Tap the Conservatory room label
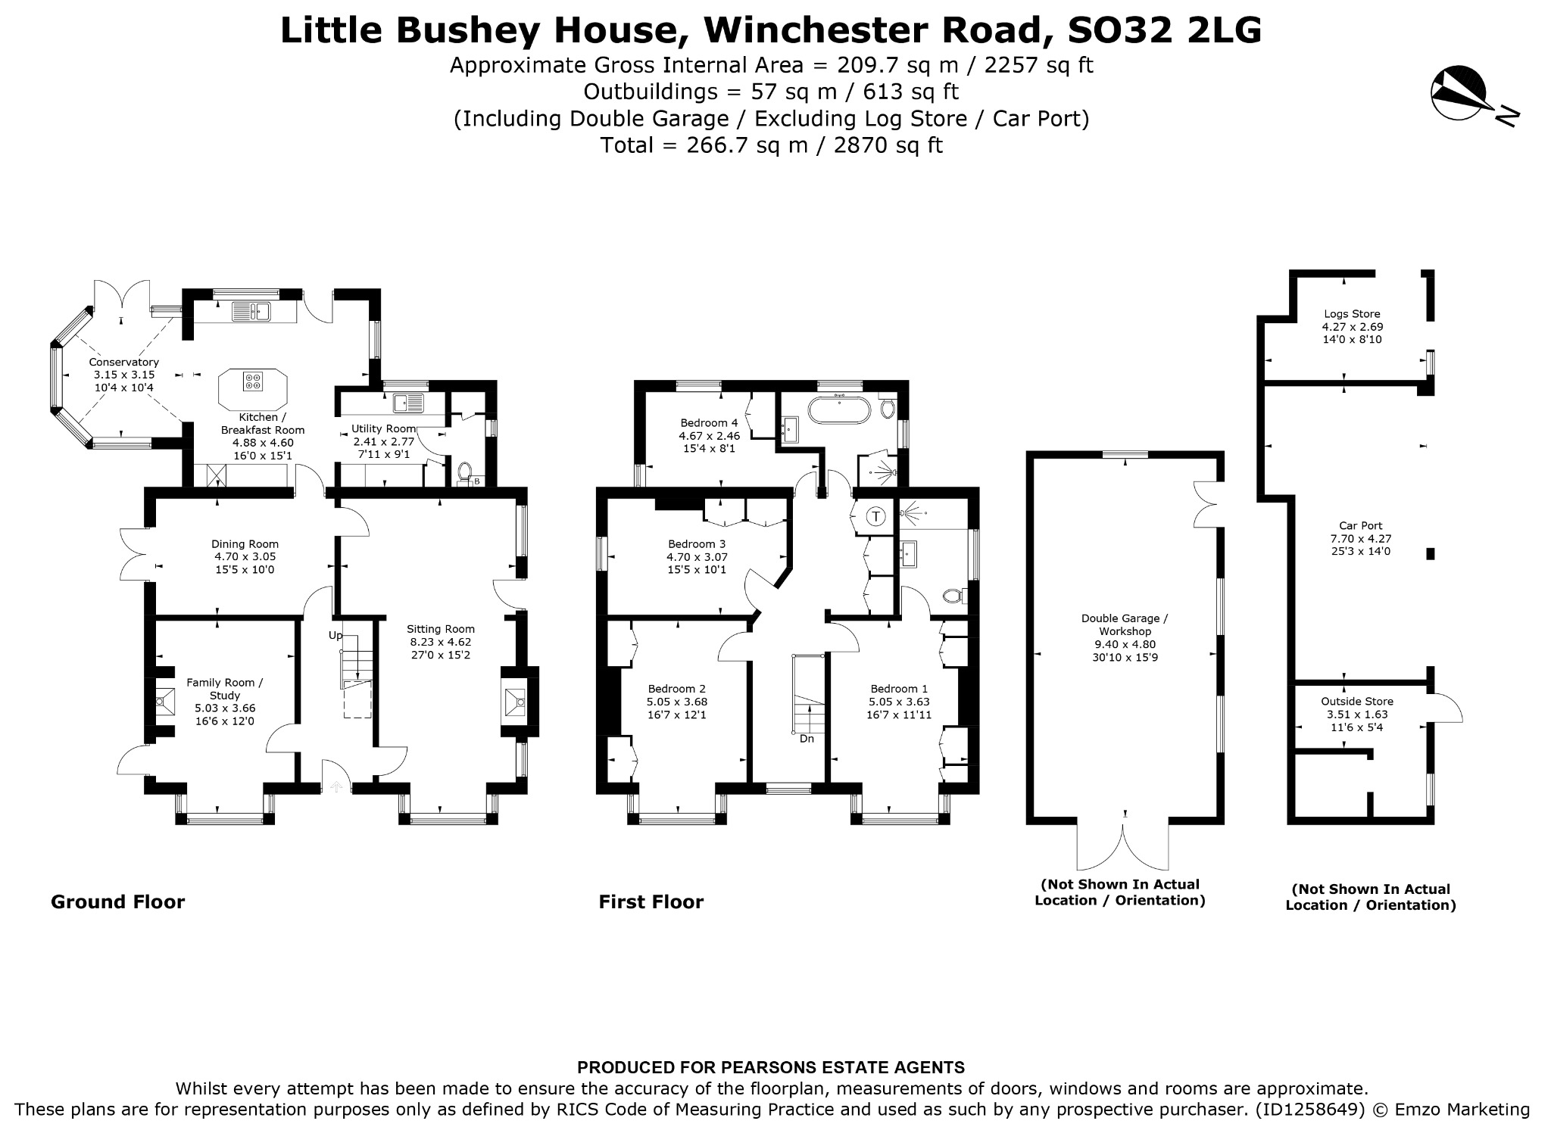coord(123,362)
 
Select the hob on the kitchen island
coord(253,381)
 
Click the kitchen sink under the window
coord(251,311)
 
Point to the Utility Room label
coord(383,428)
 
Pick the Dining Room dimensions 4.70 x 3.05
coord(245,556)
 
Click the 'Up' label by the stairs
coord(335,634)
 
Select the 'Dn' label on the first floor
coord(807,738)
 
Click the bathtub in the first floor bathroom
coord(839,411)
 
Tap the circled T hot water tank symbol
coord(876,517)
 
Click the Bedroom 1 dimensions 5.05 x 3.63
coord(899,702)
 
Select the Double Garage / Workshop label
coord(1125,624)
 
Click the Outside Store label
coord(1357,701)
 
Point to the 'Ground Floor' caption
coord(117,901)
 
